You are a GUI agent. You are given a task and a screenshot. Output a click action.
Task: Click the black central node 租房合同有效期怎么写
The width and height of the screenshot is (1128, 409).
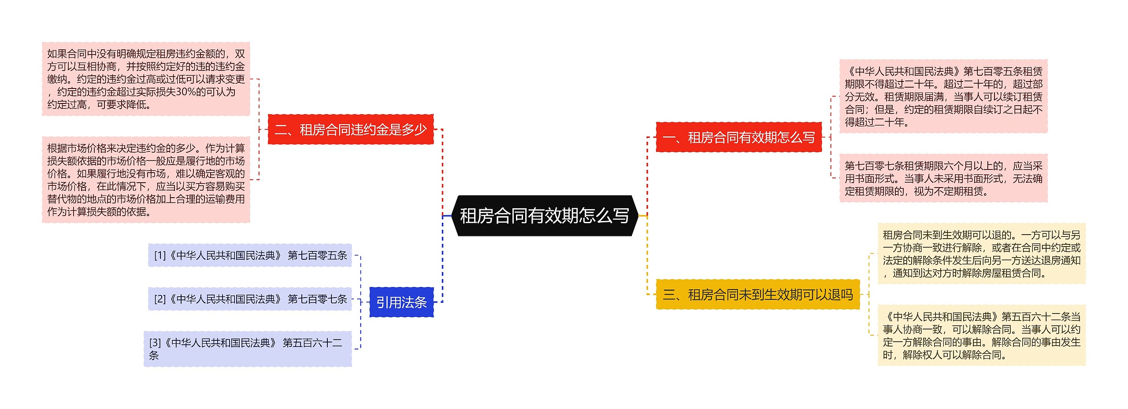point(545,216)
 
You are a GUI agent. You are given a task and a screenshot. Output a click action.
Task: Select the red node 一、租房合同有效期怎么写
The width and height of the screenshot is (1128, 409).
point(738,137)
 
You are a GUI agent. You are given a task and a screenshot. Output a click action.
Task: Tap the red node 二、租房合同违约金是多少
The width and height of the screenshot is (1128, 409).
point(351,129)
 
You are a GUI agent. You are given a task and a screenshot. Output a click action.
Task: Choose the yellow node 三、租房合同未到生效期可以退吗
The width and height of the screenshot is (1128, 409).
point(757,294)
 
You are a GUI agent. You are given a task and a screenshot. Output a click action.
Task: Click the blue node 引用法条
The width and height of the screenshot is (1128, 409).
point(401,302)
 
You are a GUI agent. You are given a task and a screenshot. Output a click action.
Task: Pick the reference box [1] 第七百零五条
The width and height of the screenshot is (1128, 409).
point(250,255)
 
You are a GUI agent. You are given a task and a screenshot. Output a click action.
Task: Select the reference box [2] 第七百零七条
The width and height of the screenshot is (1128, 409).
point(250,299)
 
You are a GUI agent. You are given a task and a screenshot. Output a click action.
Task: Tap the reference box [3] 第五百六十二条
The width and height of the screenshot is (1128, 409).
point(248,349)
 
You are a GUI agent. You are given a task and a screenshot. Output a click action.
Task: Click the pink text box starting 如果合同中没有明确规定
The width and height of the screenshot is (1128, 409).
point(146,79)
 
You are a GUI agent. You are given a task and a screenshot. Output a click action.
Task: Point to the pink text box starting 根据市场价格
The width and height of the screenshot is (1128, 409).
point(146,180)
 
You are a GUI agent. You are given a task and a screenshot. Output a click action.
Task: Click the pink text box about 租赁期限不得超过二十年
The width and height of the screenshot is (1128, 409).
point(943,96)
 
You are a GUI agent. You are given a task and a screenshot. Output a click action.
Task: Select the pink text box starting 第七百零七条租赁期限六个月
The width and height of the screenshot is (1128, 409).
point(943,178)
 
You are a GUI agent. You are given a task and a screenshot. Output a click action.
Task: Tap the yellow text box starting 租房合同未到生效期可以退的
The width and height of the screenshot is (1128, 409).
point(981,254)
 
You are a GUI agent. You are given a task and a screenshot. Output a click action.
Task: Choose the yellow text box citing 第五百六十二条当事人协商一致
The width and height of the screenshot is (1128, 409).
point(981,335)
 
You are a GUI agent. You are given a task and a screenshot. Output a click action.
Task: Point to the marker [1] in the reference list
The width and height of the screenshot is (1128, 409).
point(160,255)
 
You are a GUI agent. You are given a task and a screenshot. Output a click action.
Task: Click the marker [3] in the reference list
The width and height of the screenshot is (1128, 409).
point(155,343)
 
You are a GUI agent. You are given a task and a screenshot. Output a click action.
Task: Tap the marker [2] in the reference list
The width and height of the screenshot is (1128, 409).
point(160,299)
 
